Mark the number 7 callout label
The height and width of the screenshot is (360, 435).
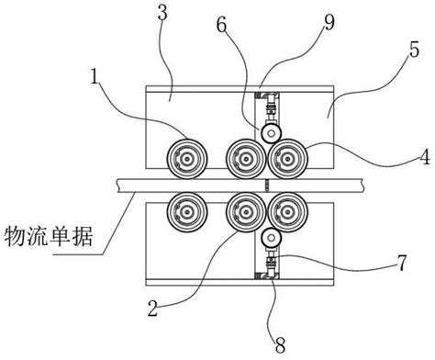pos(403,265)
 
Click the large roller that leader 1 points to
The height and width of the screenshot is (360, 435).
pos(185,159)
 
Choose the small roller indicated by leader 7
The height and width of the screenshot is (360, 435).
pos(270,237)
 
